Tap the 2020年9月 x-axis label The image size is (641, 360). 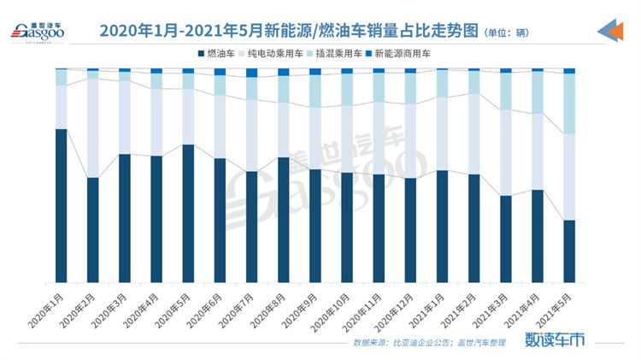pos(300,306)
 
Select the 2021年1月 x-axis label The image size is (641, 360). pos(427,306)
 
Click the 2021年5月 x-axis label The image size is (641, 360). pos(554,306)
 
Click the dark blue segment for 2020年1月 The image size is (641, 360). pos(61,205)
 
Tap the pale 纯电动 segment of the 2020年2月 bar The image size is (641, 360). pos(92,128)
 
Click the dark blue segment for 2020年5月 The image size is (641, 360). pos(187,213)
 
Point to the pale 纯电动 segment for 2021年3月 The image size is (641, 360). pos(505,152)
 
